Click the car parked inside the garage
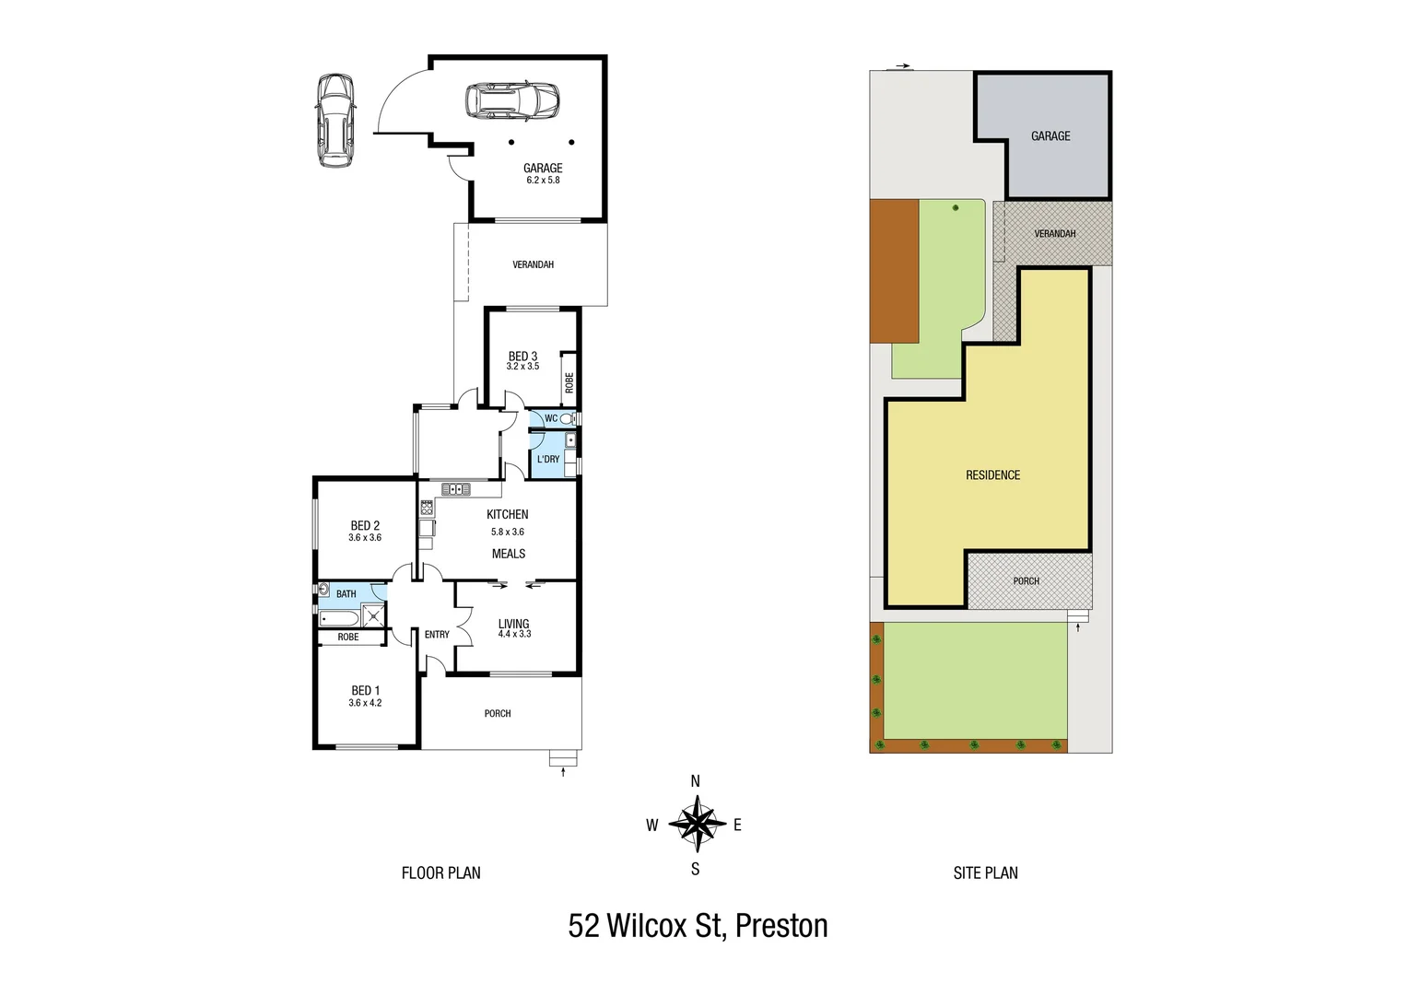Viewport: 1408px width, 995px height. point(511,101)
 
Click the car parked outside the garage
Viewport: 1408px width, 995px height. point(334,121)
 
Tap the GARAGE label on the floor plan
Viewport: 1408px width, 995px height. point(543,168)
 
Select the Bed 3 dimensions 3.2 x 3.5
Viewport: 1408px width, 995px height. point(522,367)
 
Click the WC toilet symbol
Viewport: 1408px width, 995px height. point(566,418)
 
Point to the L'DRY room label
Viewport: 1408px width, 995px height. point(548,459)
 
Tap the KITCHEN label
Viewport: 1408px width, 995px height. point(508,514)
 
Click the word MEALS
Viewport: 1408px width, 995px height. point(509,554)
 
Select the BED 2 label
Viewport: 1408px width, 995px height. point(365,526)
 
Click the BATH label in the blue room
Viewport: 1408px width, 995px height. point(346,594)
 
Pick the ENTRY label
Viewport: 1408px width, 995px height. point(437,635)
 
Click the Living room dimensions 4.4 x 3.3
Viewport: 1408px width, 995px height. point(514,635)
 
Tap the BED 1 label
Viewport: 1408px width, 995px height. point(365,691)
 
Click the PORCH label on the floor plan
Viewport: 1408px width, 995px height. point(498,714)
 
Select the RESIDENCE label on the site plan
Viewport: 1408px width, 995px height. point(992,475)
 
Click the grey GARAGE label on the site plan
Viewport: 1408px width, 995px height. point(1050,136)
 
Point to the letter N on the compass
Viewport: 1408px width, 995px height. point(696,781)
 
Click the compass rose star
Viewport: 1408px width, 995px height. point(696,825)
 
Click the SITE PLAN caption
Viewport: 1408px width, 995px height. point(985,872)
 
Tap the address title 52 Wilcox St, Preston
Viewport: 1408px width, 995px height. point(698,925)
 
